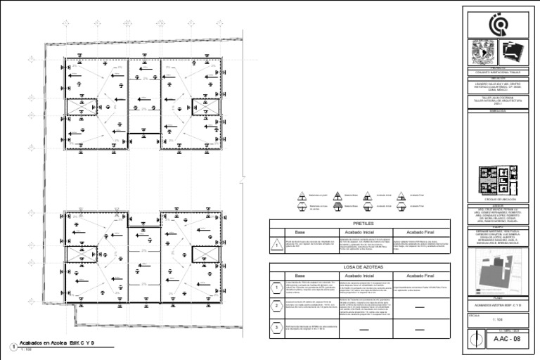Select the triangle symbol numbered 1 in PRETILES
pos(278,245)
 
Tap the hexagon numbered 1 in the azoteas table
pos(278,288)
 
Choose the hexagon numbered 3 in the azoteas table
pos(278,328)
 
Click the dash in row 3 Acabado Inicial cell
pos(365,328)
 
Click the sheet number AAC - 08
pos(507,339)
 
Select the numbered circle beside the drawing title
pos(13,346)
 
